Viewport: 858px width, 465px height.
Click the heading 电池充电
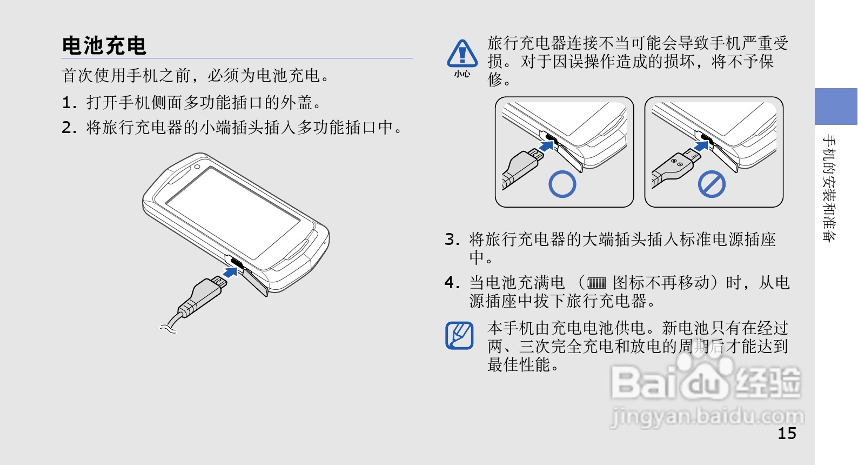point(104,46)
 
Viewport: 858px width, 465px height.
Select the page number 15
point(787,433)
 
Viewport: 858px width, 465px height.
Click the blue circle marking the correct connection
point(562,184)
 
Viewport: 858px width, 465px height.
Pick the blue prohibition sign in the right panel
point(712,184)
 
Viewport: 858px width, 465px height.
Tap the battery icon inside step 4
point(596,283)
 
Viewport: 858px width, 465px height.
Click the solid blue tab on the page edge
point(836,107)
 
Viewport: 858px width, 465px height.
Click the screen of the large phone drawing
point(232,211)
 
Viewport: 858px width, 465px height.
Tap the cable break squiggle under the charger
point(168,328)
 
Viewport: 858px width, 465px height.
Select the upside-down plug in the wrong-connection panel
point(678,165)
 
